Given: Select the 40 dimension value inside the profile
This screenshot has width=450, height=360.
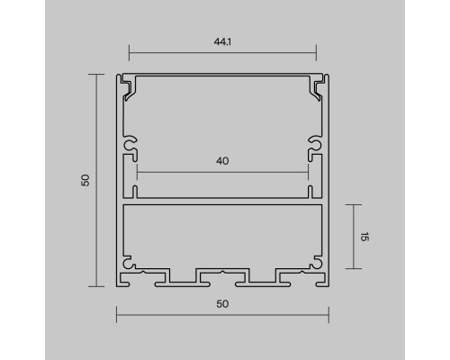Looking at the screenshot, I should (x=222, y=161).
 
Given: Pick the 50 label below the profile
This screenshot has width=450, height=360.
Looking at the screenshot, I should (x=222, y=303).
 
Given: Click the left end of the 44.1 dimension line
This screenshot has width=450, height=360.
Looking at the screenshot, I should (x=130, y=50).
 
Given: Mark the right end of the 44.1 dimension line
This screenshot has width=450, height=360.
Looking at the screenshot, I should (x=316, y=50).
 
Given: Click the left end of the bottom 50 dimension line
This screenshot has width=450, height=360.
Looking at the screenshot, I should (x=117, y=314).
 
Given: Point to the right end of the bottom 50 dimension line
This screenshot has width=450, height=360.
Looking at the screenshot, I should (x=328, y=314).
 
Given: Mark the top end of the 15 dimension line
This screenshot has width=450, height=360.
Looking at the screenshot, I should (x=354, y=205).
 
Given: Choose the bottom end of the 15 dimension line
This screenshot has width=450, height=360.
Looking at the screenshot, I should (x=354, y=267).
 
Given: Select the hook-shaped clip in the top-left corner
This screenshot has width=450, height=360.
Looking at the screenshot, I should (x=129, y=88).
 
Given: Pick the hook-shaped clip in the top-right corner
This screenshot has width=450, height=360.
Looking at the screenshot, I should (x=317, y=88).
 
